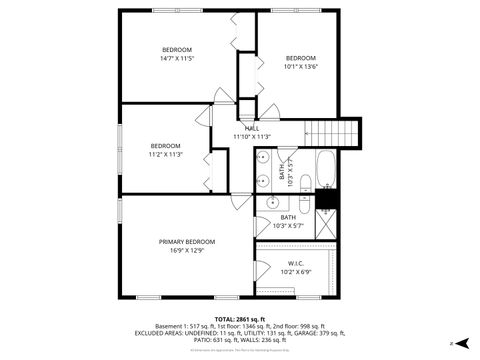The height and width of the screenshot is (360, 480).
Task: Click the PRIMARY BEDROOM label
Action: click(186, 241)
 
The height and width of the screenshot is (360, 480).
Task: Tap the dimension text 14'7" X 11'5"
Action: click(177, 59)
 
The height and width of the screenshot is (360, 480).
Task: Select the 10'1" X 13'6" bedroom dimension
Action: click(300, 67)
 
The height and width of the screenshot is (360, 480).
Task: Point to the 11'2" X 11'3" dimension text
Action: click(166, 154)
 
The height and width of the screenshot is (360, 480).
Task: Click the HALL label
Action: click(252, 128)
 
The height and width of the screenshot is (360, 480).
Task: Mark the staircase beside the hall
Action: click(331, 132)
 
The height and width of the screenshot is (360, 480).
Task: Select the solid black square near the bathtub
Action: click(326, 198)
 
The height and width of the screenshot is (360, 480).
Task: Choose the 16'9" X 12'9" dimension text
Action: click(186, 251)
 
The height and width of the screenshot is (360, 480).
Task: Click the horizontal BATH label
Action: click(287, 217)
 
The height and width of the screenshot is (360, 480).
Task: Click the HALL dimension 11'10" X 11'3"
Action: click(252, 137)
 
